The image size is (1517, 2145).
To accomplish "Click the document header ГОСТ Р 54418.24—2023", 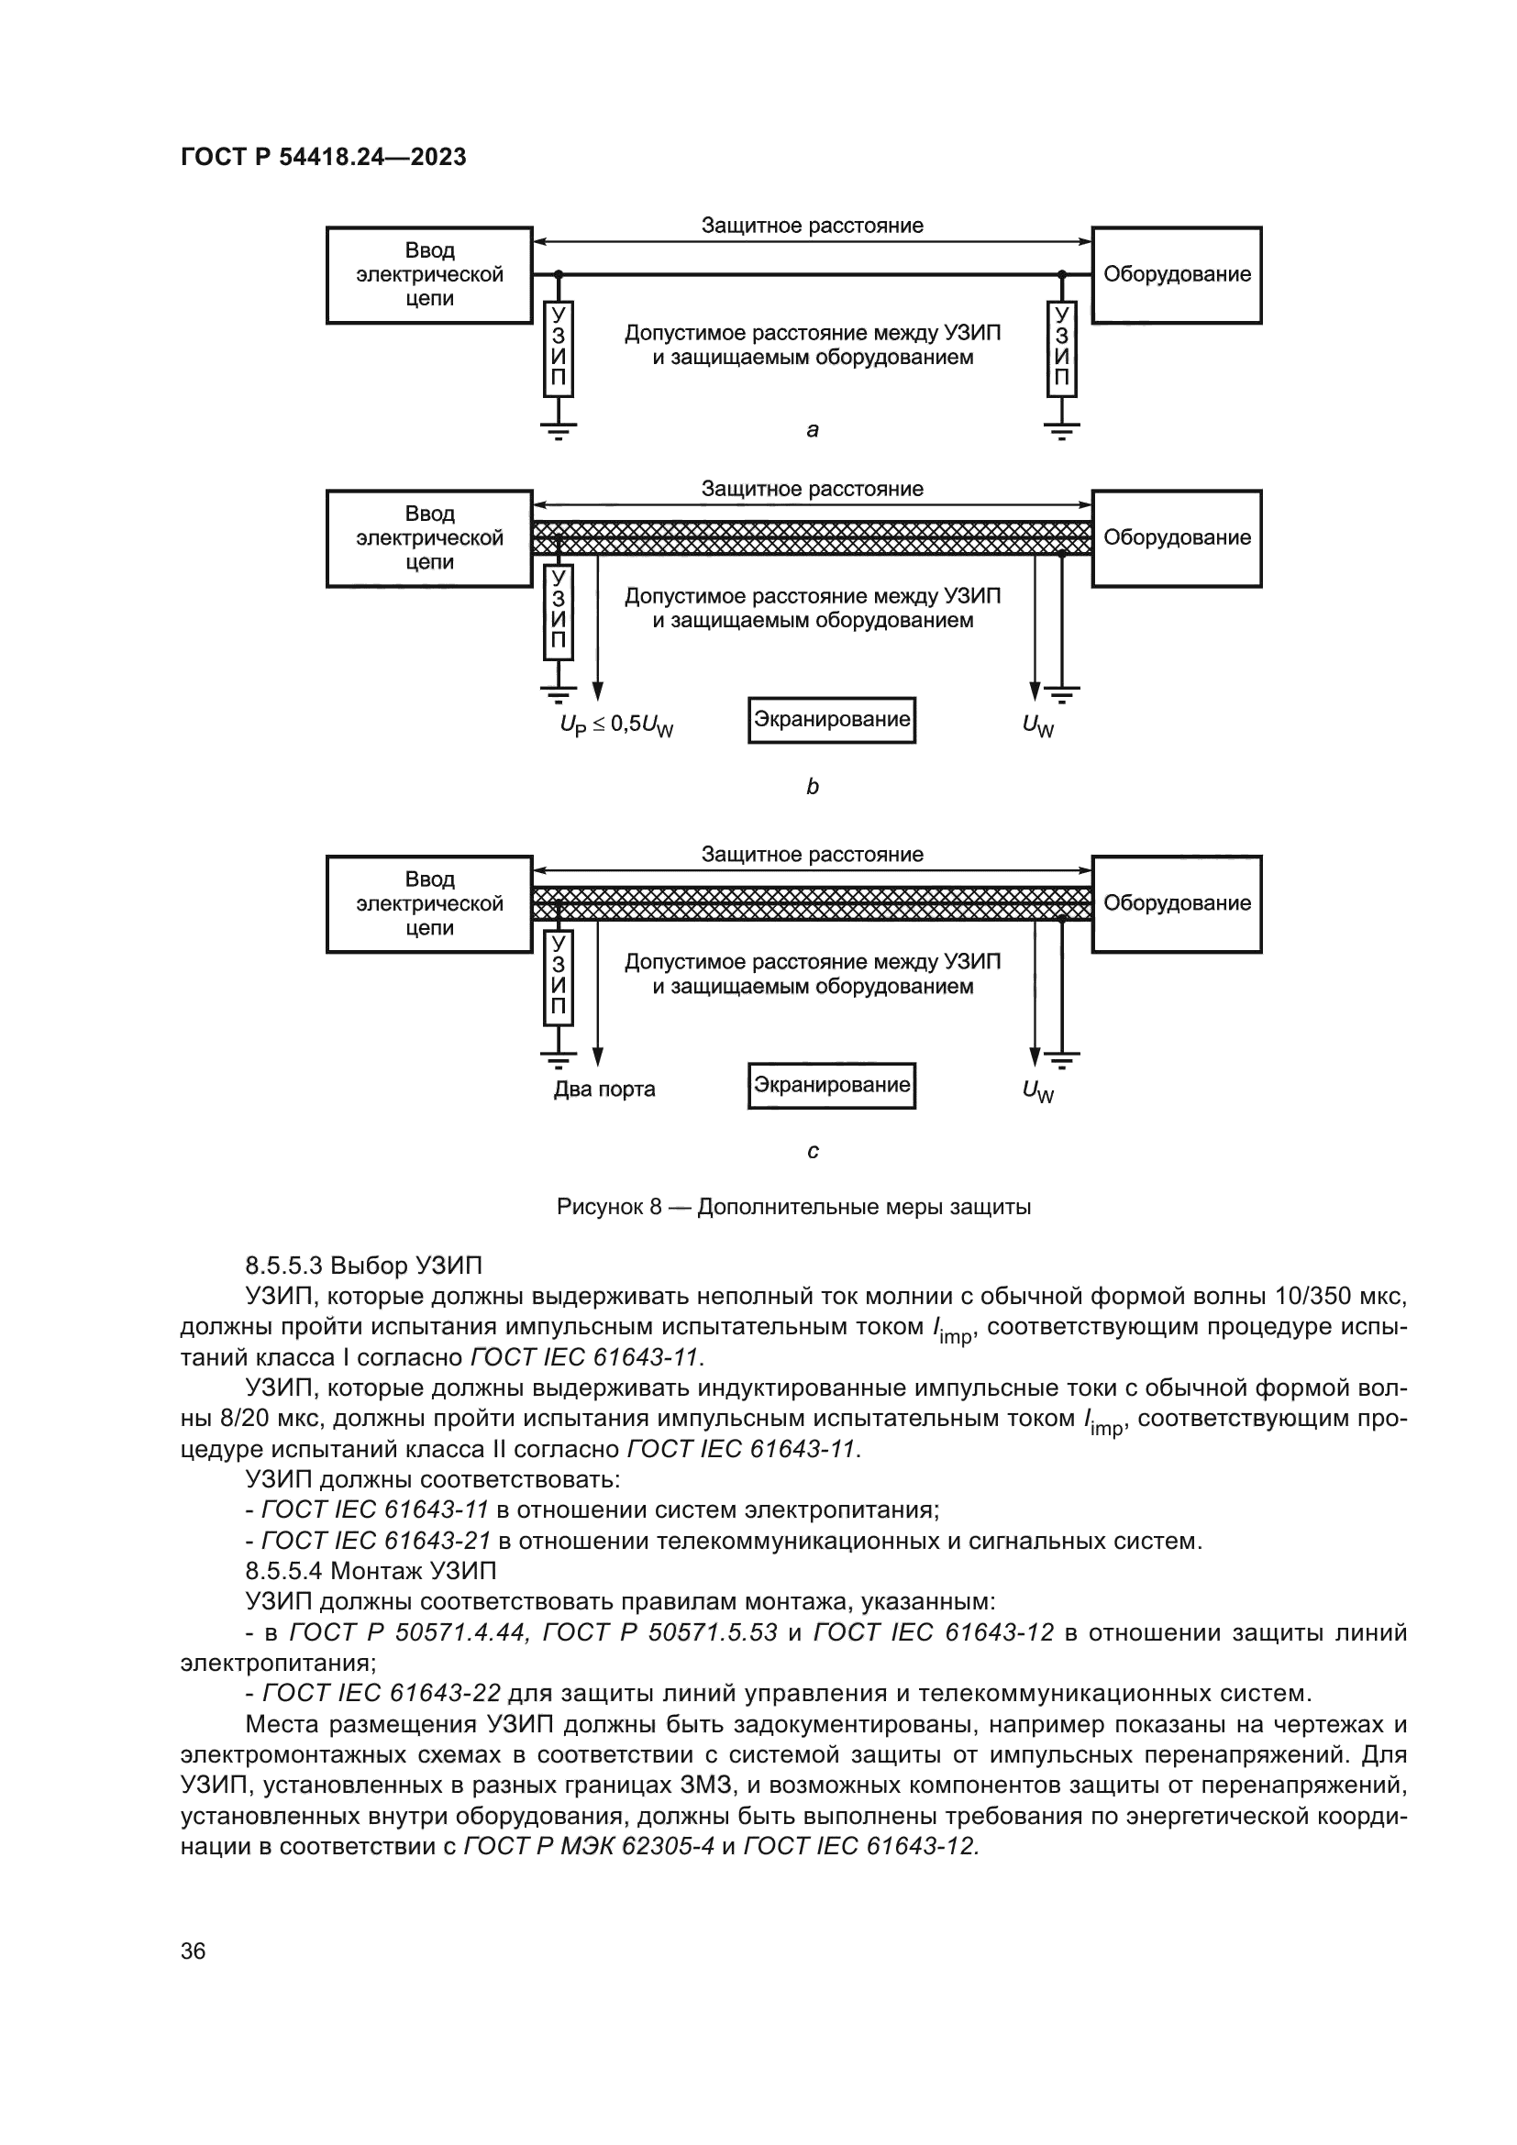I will click(x=323, y=157).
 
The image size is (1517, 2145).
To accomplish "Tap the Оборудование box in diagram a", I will click(x=1176, y=275).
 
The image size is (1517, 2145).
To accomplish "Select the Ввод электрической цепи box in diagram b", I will click(x=428, y=538).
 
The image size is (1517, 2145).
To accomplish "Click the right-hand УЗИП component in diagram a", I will click(x=1061, y=348).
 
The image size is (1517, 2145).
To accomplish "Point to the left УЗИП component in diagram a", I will click(x=559, y=348).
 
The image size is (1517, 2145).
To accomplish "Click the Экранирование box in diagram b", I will click(x=831, y=719).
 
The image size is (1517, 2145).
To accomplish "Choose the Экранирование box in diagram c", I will click(x=831, y=1085).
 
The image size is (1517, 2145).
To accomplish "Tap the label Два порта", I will click(x=604, y=1089).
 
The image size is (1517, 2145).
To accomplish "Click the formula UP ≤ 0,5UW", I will click(x=616, y=725).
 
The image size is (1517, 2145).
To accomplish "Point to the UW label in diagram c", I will click(x=1038, y=1090).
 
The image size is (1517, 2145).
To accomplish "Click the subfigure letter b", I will click(x=813, y=787).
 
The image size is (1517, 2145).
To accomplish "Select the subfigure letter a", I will click(x=813, y=430).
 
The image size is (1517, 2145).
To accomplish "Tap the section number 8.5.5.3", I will click(x=284, y=1266).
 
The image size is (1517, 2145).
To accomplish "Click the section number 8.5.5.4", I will click(x=284, y=1570).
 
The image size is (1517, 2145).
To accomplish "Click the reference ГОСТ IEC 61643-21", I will click(x=375, y=1541).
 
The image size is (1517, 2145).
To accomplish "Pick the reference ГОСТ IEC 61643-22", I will click(x=382, y=1693).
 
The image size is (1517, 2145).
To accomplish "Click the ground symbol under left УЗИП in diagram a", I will click(x=559, y=431).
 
